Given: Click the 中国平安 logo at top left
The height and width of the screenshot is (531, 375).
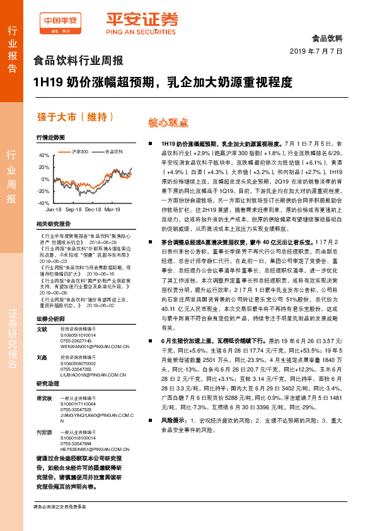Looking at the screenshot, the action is click(x=59, y=23).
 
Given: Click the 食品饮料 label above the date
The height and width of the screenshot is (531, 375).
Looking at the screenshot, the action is click(x=327, y=37).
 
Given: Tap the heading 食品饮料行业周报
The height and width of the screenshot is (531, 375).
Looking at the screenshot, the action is click(x=78, y=61).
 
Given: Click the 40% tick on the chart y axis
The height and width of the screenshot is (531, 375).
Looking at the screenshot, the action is click(x=43, y=155).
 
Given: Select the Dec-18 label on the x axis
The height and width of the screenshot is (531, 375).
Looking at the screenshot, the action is click(x=93, y=208).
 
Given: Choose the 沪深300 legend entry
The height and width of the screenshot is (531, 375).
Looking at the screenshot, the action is click(x=79, y=152).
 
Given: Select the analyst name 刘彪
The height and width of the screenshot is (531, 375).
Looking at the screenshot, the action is click(x=42, y=358).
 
